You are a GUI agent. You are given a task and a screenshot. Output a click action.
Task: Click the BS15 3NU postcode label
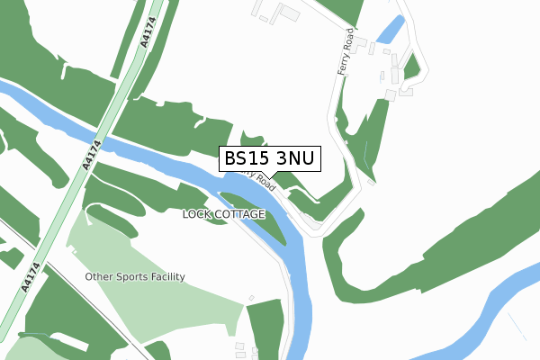point(269,158)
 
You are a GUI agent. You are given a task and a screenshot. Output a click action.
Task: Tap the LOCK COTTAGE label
point(223,214)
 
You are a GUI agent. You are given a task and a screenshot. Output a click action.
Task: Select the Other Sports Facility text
point(135,276)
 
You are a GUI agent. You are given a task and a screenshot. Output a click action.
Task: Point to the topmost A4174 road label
point(147,33)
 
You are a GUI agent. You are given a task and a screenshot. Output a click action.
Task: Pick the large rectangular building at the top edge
point(289,13)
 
